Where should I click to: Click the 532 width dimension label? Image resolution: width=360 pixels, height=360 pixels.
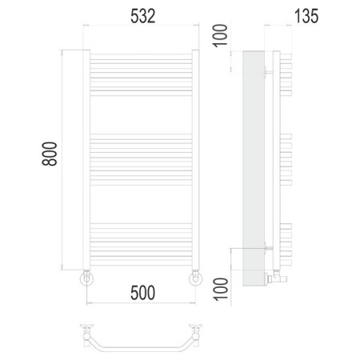click(x=142, y=16)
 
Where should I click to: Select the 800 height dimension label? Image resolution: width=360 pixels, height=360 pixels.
click(x=50, y=154)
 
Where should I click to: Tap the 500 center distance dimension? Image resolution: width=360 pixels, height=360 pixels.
click(x=142, y=293)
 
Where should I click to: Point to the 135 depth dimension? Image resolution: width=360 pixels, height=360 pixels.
click(x=306, y=16)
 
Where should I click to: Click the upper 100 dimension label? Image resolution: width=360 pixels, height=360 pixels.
click(x=220, y=36)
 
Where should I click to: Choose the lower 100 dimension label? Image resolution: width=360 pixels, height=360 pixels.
click(x=220, y=290)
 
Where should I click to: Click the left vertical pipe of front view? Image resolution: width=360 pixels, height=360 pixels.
click(x=86, y=160)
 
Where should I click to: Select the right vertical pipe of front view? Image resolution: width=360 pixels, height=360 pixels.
click(x=195, y=160)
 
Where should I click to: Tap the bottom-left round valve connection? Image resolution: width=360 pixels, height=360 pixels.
click(x=86, y=278)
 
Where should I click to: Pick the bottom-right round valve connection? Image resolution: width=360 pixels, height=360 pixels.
click(x=195, y=278)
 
